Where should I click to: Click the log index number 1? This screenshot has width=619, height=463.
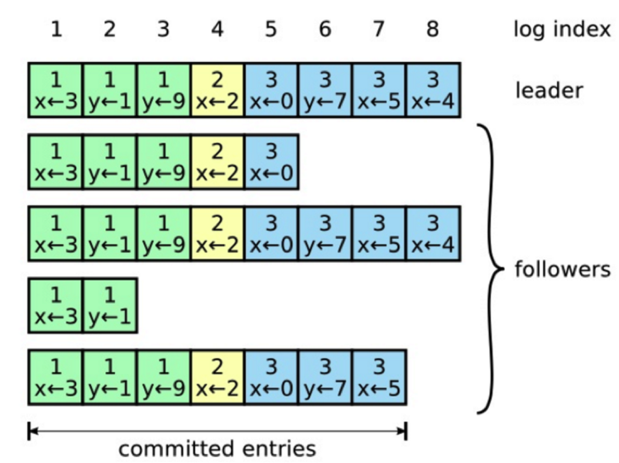[55, 31]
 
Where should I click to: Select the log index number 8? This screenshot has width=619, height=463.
[432, 31]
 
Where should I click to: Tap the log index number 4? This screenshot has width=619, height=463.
[217, 31]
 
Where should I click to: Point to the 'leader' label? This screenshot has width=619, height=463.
[549, 89]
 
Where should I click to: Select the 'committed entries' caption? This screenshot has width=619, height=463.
[217, 448]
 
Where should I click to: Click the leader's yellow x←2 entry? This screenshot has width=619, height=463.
[217, 91]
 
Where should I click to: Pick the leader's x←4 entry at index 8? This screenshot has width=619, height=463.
[433, 91]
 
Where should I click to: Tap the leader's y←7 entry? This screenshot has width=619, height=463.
[325, 91]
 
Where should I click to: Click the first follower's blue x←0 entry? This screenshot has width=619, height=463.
[271, 162]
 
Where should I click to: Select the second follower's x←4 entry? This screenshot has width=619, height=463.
[433, 234]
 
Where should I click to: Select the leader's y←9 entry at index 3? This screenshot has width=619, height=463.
[163, 91]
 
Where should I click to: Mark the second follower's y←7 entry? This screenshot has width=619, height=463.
[325, 234]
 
